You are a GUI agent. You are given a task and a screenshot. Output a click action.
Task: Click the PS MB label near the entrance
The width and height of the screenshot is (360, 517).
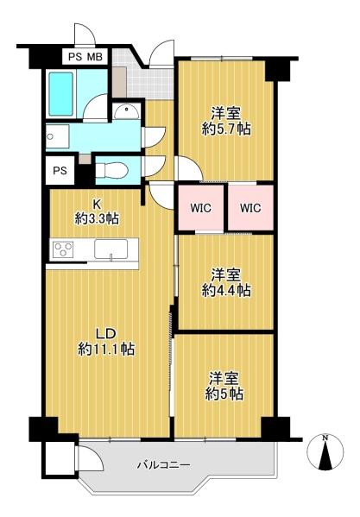tap(85, 57)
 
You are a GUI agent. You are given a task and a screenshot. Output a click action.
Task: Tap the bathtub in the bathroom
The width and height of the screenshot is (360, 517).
tap(61, 94)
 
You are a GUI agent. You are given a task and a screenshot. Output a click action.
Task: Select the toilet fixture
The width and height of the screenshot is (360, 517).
tap(111, 171)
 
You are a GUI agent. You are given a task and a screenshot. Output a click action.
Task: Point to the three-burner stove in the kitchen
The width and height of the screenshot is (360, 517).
tap(63, 249)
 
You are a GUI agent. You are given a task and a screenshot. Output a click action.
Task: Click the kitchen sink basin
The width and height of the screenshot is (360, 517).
tap(111, 249)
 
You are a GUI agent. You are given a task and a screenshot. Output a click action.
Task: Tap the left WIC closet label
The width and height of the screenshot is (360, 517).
tap(201, 208)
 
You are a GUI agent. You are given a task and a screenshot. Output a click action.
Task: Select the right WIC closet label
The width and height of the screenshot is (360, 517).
tap(250, 208)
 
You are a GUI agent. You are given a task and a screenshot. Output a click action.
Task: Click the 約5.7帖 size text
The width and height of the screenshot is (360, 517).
tap(226, 129)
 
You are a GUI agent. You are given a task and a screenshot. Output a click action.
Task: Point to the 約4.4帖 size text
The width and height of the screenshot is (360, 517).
tap(226, 290)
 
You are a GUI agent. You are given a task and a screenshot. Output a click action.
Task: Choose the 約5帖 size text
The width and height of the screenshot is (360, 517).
tap(224, 394)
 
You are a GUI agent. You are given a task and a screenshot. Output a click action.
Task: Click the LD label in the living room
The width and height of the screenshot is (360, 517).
tap(105, 334)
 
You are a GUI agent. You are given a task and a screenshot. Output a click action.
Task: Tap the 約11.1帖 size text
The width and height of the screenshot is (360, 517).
tap(106, 349)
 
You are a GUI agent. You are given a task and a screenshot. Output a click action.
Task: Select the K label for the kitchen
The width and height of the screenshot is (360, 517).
tap(97, 205)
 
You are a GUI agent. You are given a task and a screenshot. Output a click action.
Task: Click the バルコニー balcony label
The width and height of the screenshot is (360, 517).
tap(164, 465)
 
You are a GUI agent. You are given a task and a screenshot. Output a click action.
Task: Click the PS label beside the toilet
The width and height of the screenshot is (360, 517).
tap(60, 171)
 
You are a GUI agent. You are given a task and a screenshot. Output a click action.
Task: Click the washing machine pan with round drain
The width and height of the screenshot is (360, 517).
tap(57, 136)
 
